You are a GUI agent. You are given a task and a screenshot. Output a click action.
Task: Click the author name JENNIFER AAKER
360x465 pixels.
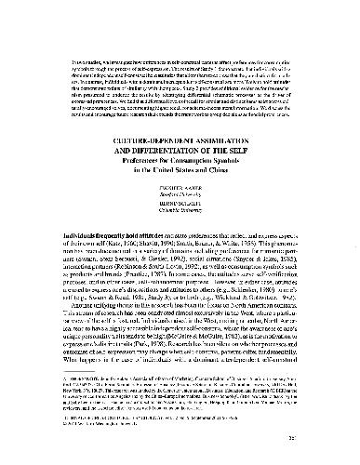click(x=180, y=182)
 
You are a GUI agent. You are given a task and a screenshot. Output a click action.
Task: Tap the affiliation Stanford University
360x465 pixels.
click(x=180, y=190)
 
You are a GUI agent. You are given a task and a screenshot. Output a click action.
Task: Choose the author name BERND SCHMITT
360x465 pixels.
click(x=180, y=202)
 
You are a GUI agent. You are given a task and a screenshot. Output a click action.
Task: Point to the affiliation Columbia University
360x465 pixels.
click(x=180, y=209)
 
